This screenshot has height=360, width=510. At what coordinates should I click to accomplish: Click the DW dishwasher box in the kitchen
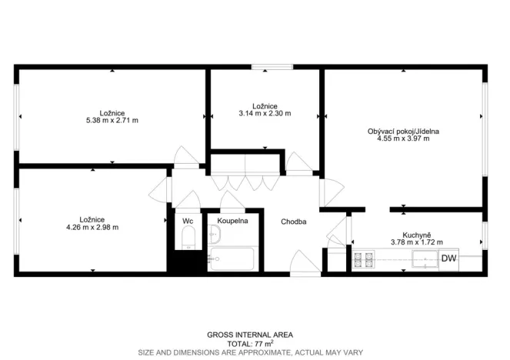[x=449, y=259]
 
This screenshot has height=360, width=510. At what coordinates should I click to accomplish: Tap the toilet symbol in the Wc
[x=188, y=238]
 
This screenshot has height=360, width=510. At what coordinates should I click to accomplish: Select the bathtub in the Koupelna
[x=232, y=259]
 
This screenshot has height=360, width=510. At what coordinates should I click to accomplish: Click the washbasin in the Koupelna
[x=214, y=235]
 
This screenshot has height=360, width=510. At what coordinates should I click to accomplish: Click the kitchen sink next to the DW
[x=425, y=259]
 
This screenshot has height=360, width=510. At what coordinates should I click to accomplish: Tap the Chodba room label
[x=293, y=222]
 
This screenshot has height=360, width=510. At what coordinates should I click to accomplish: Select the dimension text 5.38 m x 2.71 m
[x=112, y=120]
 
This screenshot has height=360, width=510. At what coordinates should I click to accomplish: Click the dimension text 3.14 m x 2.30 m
[x=265, y=114]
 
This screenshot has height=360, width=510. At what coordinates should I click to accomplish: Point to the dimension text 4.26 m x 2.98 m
[x=92, y=228]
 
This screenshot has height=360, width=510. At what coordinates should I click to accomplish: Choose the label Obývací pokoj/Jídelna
[x=403, y=132]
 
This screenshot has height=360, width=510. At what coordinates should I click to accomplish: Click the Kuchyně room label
[x=417, y=235]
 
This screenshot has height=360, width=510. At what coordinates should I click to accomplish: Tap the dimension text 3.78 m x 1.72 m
[x=417, y=242]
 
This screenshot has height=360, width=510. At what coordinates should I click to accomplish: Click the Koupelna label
[x=232, y=221]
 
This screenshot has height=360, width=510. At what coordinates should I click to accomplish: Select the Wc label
[x=188, y=221]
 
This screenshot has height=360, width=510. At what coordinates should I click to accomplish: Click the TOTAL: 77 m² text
[x=250, y=344]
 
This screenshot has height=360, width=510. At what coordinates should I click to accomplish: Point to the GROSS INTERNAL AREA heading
[x=250, y=335]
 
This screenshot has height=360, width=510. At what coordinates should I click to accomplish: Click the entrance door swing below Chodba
[x=305, y=263]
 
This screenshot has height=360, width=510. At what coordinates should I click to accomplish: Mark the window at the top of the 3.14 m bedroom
[x=272, y=67]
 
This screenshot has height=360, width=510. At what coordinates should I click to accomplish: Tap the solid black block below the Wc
[x=187, y=261]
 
